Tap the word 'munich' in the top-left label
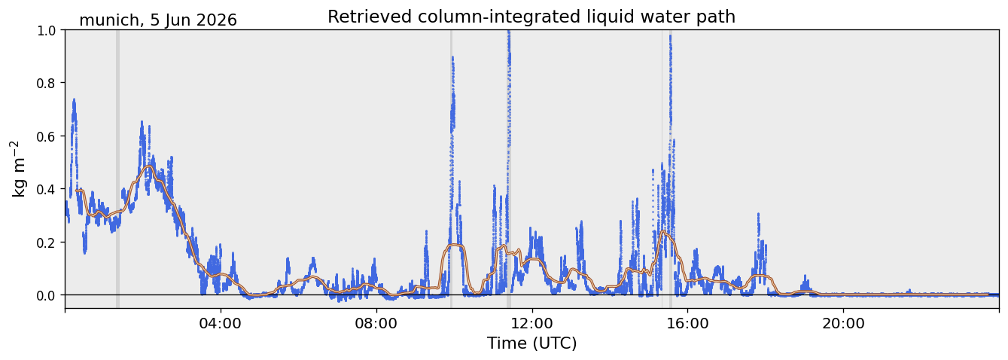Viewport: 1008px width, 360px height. [108, 20]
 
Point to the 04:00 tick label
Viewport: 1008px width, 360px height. [221, 323]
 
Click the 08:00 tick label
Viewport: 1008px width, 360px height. [376, 323]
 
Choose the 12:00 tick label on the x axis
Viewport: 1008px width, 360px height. [532, 323]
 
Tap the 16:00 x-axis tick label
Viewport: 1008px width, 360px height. [687, 323]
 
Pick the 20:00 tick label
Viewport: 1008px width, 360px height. [843, 323]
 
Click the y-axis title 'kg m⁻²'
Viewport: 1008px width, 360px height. [18, 169]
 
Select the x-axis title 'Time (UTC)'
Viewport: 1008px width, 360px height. [532, 343]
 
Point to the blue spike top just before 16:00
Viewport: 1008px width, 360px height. [670, 36]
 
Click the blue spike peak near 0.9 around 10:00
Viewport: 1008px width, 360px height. [452, 57]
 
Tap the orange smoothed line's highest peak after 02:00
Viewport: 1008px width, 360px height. [148, 166]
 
